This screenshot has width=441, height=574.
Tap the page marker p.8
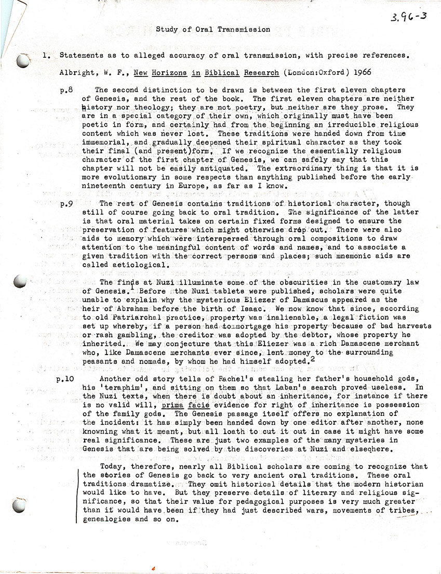pyautogui.click(x=66, y=90)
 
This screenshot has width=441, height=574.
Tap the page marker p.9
pyautogui.click(x=66, y=204)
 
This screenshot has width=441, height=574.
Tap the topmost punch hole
pyautogui.click(x=23, y=62)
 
